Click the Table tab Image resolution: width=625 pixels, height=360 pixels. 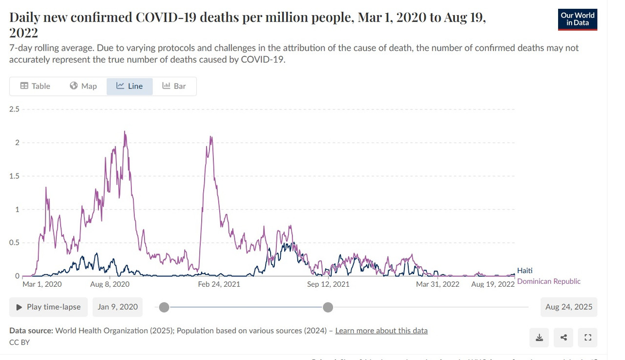[x=35, y=86]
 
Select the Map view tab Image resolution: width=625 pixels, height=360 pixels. [x=83, y=86]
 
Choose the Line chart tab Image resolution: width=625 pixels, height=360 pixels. [x=129, y=86]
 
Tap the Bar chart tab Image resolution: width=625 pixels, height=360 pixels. [x=174, y=86]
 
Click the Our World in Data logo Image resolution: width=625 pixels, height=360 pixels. [x=577, y=20]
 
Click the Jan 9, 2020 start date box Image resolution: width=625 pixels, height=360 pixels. [x=118, y=307]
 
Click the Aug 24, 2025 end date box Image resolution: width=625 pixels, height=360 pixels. [x=568, y=307]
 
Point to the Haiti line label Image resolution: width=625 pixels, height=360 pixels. [x=524, y=271]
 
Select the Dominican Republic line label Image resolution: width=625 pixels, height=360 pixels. [x=548, y=281]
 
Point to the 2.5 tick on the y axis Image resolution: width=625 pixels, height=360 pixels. [x=14, y=109]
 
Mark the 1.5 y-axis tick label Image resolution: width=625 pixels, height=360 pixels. [x=14, y=176]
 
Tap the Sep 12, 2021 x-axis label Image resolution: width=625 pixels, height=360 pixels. [x=328, y=284]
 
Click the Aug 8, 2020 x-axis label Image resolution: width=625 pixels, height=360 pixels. [x=110, y=284]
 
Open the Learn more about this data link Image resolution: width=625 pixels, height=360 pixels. [x=381, y=331]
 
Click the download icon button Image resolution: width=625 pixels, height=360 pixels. [x=539, y=338]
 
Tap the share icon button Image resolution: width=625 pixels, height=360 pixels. [x=563, y=338]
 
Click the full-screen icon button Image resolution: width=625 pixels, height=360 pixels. [x=587, y=338]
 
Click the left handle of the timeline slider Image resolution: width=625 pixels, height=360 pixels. [x=164, y=307]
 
